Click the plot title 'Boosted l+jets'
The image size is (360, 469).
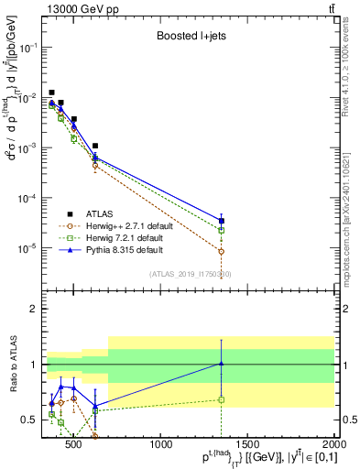click(190, 38)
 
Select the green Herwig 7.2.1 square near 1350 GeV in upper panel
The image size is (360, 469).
click(221, 230)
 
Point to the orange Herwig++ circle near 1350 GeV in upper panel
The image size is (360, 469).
click(221, 251)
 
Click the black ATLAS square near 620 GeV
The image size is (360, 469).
click(95, 146)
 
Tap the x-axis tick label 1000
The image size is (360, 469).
click(161, 446)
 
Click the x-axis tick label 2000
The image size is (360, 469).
click(334, 446)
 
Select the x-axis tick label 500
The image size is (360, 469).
click(74, 446)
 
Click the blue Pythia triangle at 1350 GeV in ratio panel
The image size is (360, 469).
click(221, 364)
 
